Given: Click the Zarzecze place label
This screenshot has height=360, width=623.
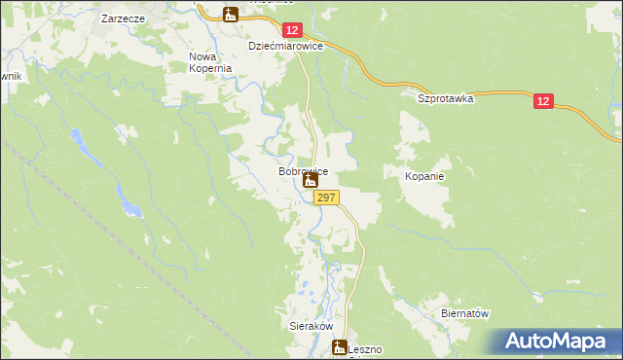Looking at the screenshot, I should click(124, 18).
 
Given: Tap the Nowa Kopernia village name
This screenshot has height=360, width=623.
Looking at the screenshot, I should click(209, 62).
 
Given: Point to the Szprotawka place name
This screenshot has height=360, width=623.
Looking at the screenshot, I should click(444, 98).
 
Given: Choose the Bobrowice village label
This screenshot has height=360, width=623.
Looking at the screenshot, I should click(303, 171).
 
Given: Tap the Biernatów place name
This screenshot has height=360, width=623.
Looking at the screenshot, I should click(463, 313).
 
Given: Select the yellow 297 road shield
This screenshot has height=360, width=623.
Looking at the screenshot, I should click(326, 198).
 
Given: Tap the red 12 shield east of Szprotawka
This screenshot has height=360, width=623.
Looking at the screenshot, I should click(544, 100).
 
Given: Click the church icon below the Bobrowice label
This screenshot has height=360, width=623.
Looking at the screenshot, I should click(311, 181).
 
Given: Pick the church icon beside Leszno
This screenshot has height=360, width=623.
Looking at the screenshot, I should click(340, 347).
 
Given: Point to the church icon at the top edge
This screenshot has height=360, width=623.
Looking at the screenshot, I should click(230, 14).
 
